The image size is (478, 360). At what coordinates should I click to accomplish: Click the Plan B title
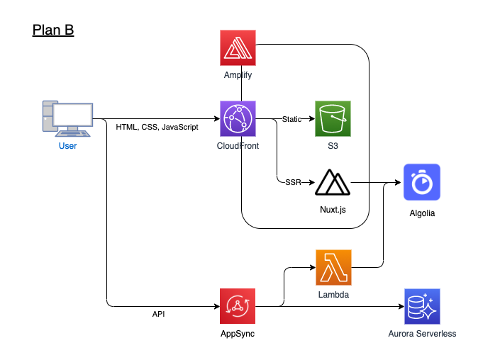point(53,30)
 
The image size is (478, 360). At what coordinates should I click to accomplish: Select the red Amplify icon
point(238,47)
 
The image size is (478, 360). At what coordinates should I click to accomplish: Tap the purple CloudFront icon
point(238,119)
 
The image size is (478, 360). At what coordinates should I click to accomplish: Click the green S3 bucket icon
point(333,118)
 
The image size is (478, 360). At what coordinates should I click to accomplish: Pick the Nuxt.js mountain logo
point(333,184)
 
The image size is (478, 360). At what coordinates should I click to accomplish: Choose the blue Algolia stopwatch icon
point(422,182)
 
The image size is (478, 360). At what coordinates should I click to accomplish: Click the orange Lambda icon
point(333,267)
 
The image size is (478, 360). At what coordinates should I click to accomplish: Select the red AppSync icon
point(238,306)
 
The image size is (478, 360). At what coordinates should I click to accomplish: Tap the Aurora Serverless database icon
point(421,306)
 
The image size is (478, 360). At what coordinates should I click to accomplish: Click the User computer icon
point(67,118)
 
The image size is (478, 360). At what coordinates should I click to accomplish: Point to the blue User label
point(67,146)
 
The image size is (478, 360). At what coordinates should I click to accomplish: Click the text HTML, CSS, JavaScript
point(157,128)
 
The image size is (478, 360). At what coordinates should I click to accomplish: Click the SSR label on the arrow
point(292,183)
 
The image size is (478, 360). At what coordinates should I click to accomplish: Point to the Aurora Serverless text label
point(421,334)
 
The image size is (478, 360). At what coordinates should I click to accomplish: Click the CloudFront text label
point(238,146)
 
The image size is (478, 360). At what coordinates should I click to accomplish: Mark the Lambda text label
point(333,293)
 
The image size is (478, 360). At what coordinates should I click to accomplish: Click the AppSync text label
point(238,334)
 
